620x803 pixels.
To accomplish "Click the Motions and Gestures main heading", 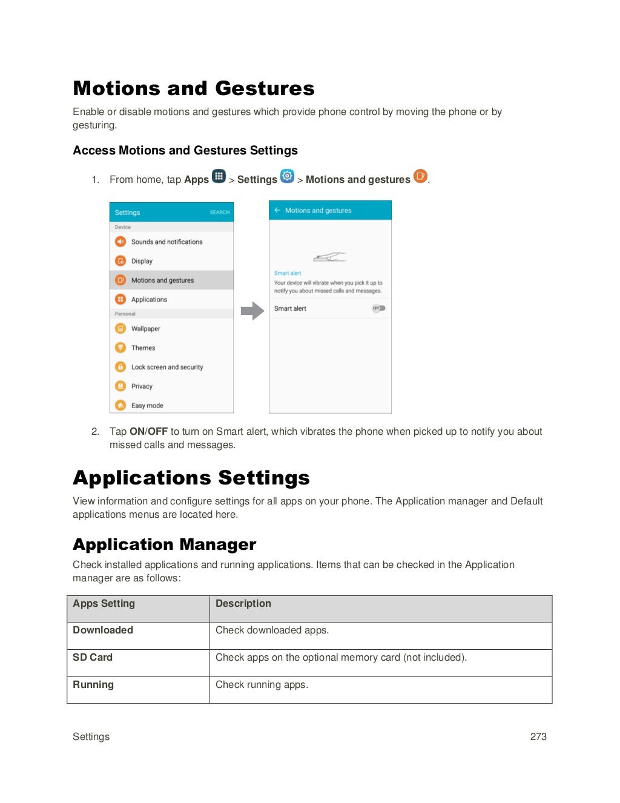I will point(194,88).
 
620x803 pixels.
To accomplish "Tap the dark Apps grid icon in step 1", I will point(219,177).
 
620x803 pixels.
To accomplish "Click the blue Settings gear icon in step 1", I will point(287,176).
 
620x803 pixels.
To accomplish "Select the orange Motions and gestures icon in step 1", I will point(420,176).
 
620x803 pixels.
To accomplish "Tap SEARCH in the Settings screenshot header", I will point(220,213).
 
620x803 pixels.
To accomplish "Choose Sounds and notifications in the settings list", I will point(167,242).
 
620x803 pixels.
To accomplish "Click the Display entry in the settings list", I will point(142,261).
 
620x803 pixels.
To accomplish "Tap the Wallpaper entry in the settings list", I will point(145,329).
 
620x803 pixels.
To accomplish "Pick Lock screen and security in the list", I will point(167,367).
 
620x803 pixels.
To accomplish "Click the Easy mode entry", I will point(147,406).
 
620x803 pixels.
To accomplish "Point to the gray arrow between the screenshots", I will point(252,311).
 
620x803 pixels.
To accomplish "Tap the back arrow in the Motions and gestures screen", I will point(277,211).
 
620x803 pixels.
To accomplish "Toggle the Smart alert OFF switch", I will point(378,308).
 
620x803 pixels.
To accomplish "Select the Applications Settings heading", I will point(191,478).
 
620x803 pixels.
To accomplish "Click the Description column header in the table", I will point(243,604).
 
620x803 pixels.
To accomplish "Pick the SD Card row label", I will point(93,658).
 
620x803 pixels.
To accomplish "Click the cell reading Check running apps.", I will point(262,685).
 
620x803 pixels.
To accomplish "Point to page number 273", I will point(538,737).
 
